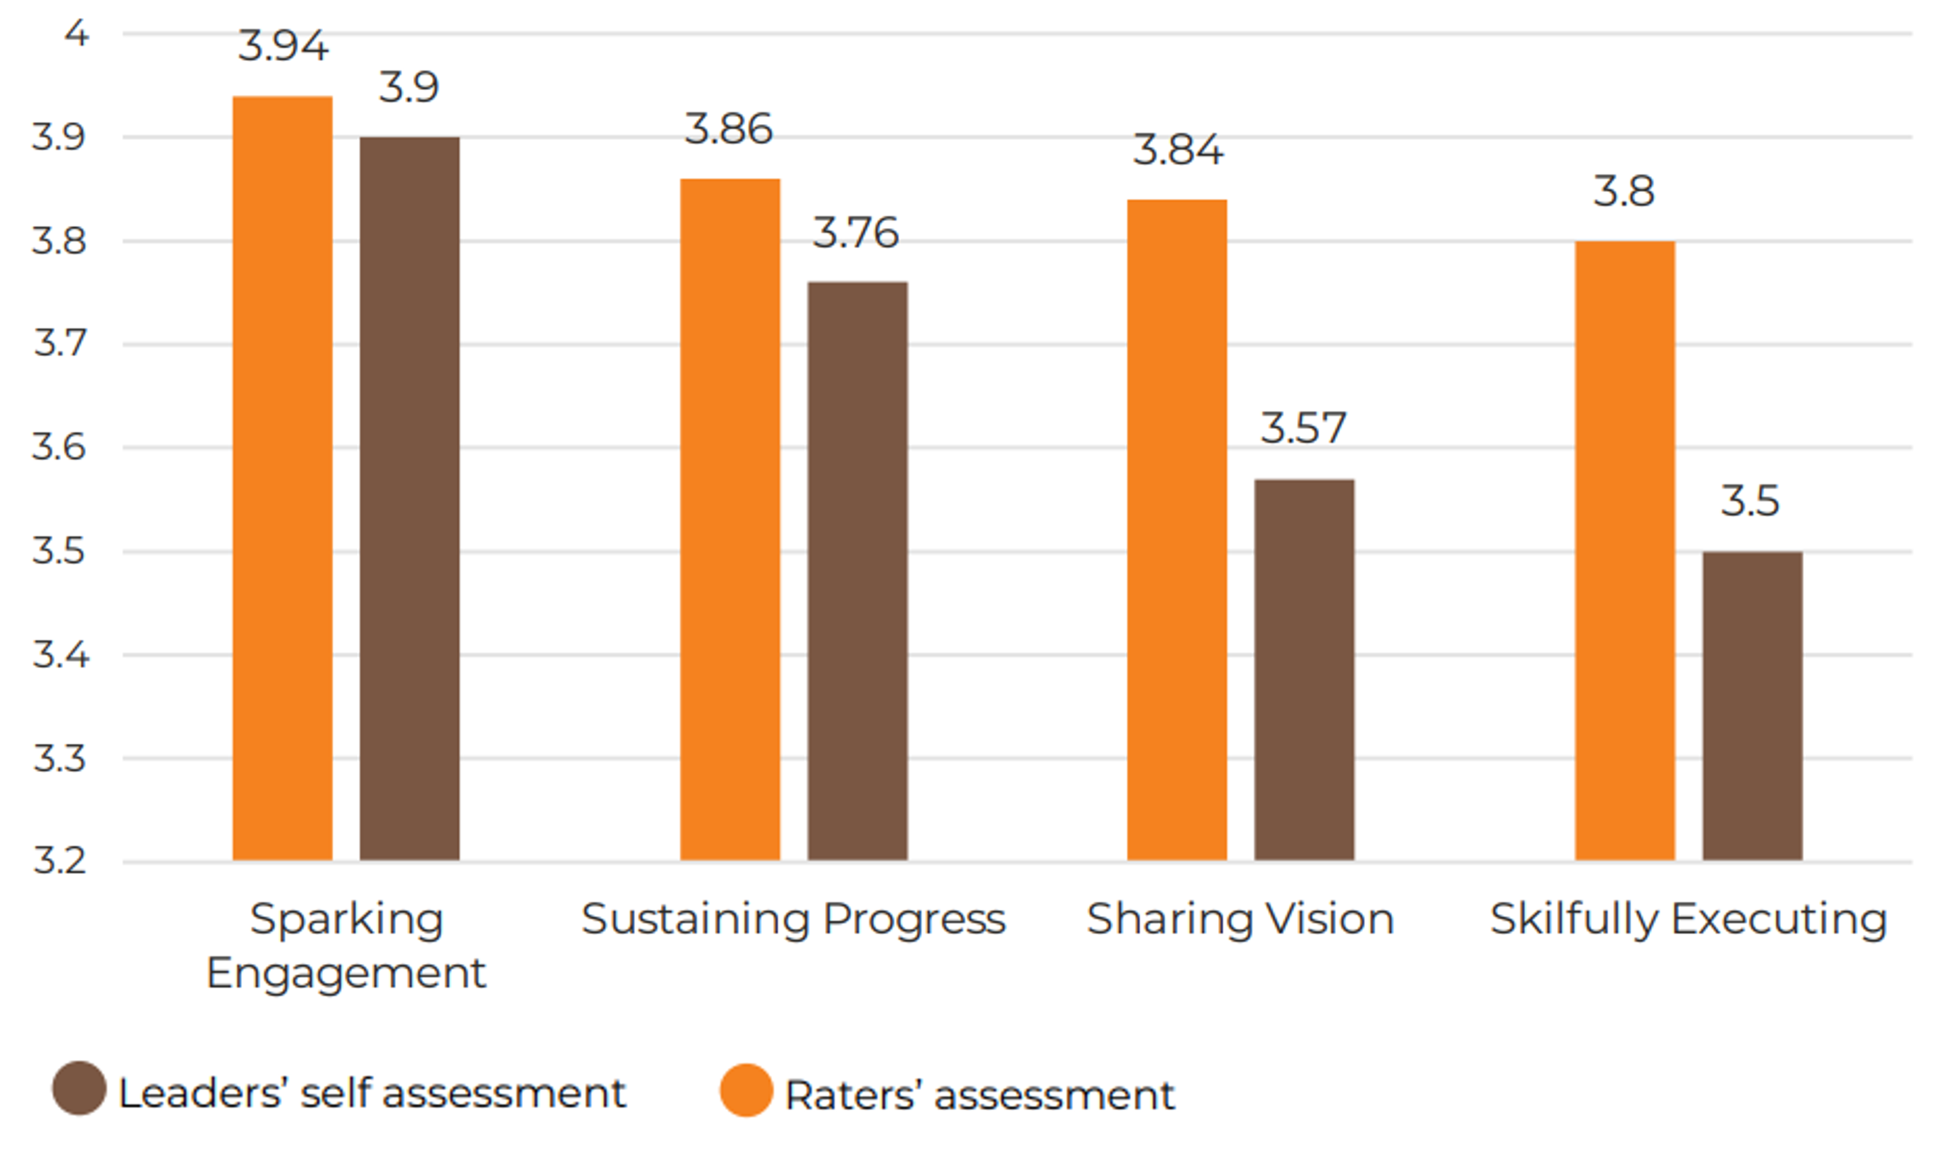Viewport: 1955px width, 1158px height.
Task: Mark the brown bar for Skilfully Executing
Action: click(1752, 705)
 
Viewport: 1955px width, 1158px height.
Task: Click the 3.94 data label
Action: click(283, 46)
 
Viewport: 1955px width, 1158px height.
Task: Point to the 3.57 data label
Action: click(1303, 428)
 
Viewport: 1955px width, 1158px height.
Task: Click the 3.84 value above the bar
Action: click(1177, 150)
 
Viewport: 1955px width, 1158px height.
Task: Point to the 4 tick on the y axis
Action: click(76, 33)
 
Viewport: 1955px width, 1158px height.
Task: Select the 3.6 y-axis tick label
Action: click(59, 447)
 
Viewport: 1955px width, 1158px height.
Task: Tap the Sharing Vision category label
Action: click(1240, 918)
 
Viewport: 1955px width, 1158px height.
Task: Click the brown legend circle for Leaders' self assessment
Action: click(79, 1088)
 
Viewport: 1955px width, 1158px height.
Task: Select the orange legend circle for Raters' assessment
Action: click(746, 1090)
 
